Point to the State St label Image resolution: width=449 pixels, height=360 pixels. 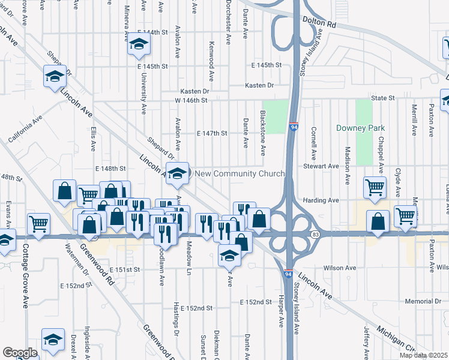pos(382,97)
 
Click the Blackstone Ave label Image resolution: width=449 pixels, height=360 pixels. pos(263,132)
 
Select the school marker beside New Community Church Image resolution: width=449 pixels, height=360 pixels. pos(176,173)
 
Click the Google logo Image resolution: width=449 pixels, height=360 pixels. pos(20,353)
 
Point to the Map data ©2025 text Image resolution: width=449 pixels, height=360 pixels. pos(424,355)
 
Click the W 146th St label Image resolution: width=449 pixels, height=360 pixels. pos(191,100)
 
